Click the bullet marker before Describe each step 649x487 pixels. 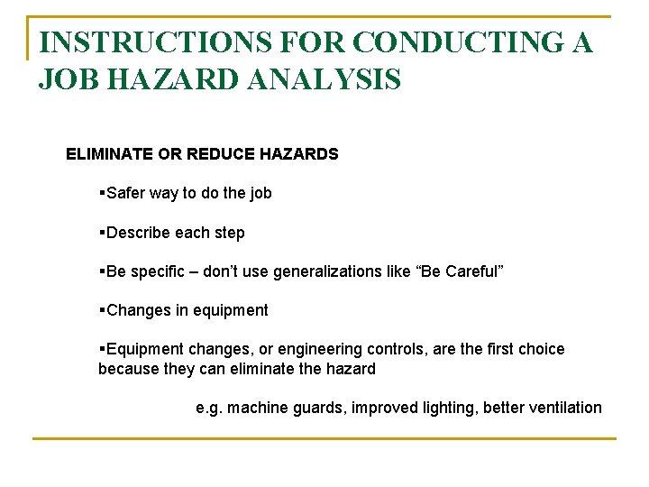pos(102,233)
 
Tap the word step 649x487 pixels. pos(228,233)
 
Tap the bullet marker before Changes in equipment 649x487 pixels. pos(102,310)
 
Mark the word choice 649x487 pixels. pos(540,349)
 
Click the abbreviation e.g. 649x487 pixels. pos(209,409)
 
